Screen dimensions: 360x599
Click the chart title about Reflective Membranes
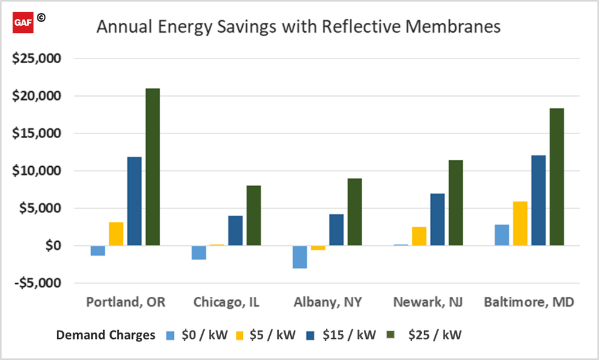298,27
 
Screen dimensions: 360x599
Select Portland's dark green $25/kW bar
153,167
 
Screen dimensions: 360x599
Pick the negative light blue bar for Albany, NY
300,257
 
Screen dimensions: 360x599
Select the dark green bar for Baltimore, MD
556,177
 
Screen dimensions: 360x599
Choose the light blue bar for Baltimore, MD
501,235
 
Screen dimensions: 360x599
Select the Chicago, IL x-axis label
226,303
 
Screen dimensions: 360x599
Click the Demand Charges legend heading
106,335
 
